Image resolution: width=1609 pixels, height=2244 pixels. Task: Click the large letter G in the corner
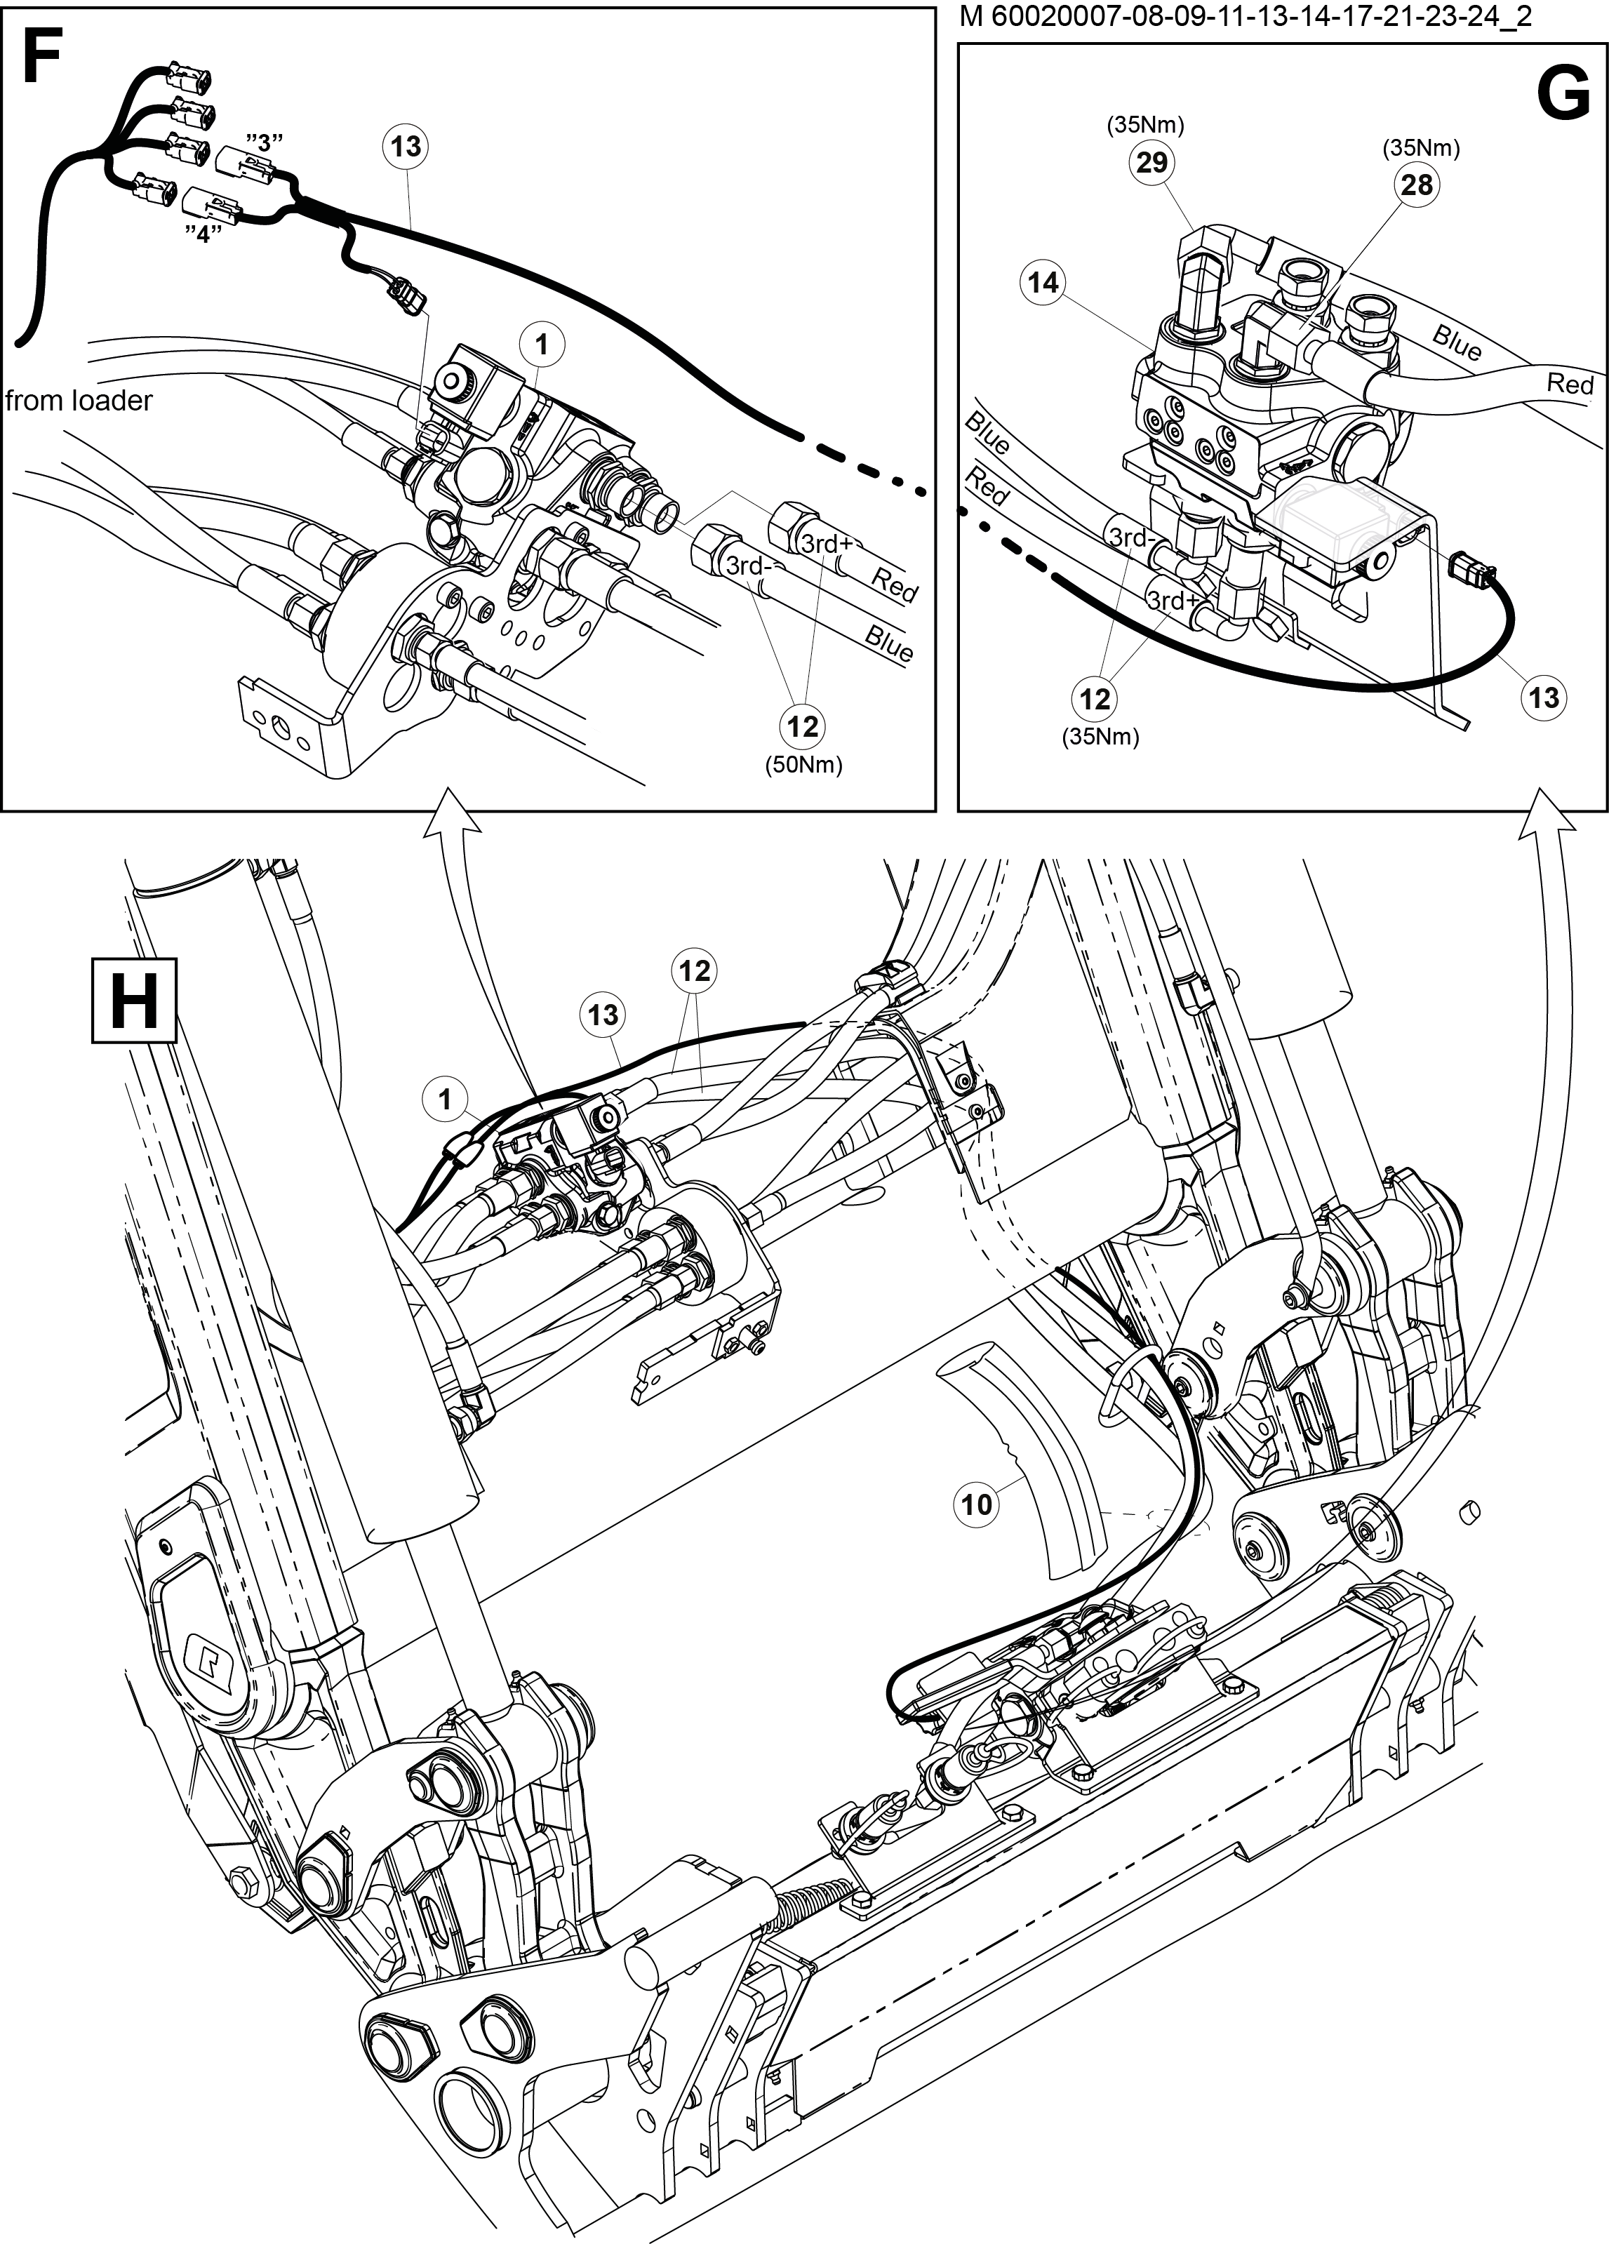(1563, 95)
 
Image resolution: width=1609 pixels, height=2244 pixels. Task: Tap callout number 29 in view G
(1151, 161)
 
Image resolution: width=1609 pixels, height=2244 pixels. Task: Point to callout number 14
(1043, 283)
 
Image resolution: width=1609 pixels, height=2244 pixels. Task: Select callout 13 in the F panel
(406, 147)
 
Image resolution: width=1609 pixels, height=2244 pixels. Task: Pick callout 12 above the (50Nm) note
(803, 727)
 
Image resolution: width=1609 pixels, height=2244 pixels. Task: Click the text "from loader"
(79, 401)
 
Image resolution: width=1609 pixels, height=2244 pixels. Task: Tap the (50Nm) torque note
(803, 766)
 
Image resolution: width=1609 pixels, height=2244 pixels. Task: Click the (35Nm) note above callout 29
(1146, 125)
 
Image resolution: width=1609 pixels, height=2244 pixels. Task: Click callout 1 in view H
(446, 1100)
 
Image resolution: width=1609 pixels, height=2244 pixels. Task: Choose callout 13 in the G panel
(1544, 697)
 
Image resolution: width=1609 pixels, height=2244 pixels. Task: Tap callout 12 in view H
(694, 970)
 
